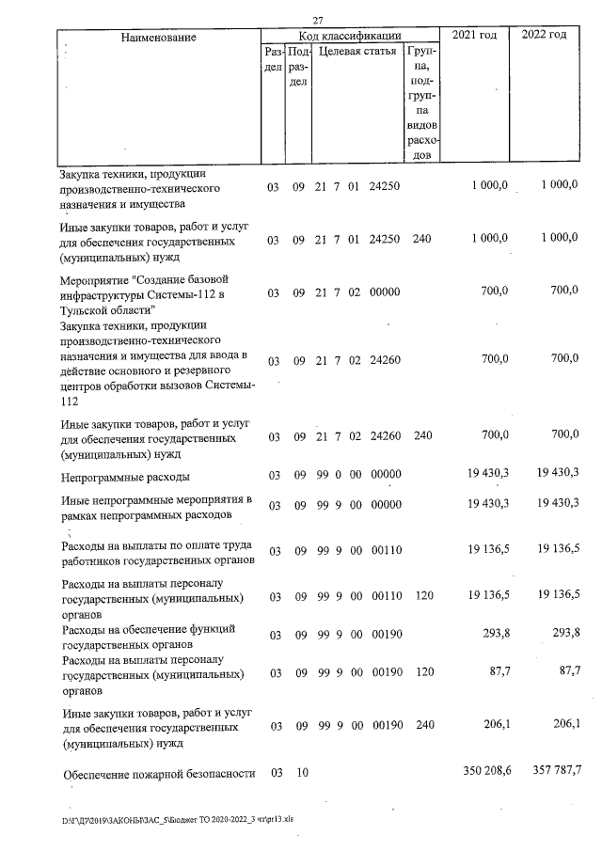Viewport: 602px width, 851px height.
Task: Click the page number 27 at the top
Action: tap(318, 21)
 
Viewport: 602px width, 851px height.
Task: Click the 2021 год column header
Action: tap(475, 36)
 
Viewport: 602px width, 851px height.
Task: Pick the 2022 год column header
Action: tap(545, 36)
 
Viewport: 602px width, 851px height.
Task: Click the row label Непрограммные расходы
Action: tap(125, 476)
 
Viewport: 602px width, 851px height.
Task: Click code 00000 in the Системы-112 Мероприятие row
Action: tap(386, 293)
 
